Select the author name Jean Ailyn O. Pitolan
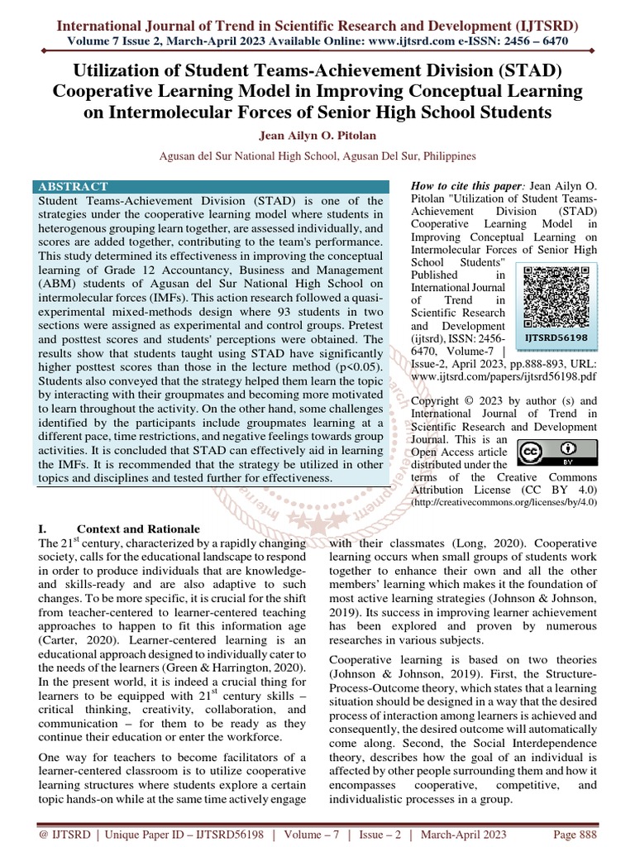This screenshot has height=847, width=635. click(x=317, y=135)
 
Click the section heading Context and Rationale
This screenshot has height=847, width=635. click(x=137, y=529)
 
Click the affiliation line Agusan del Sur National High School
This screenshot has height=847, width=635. click(x=317, y=155)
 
